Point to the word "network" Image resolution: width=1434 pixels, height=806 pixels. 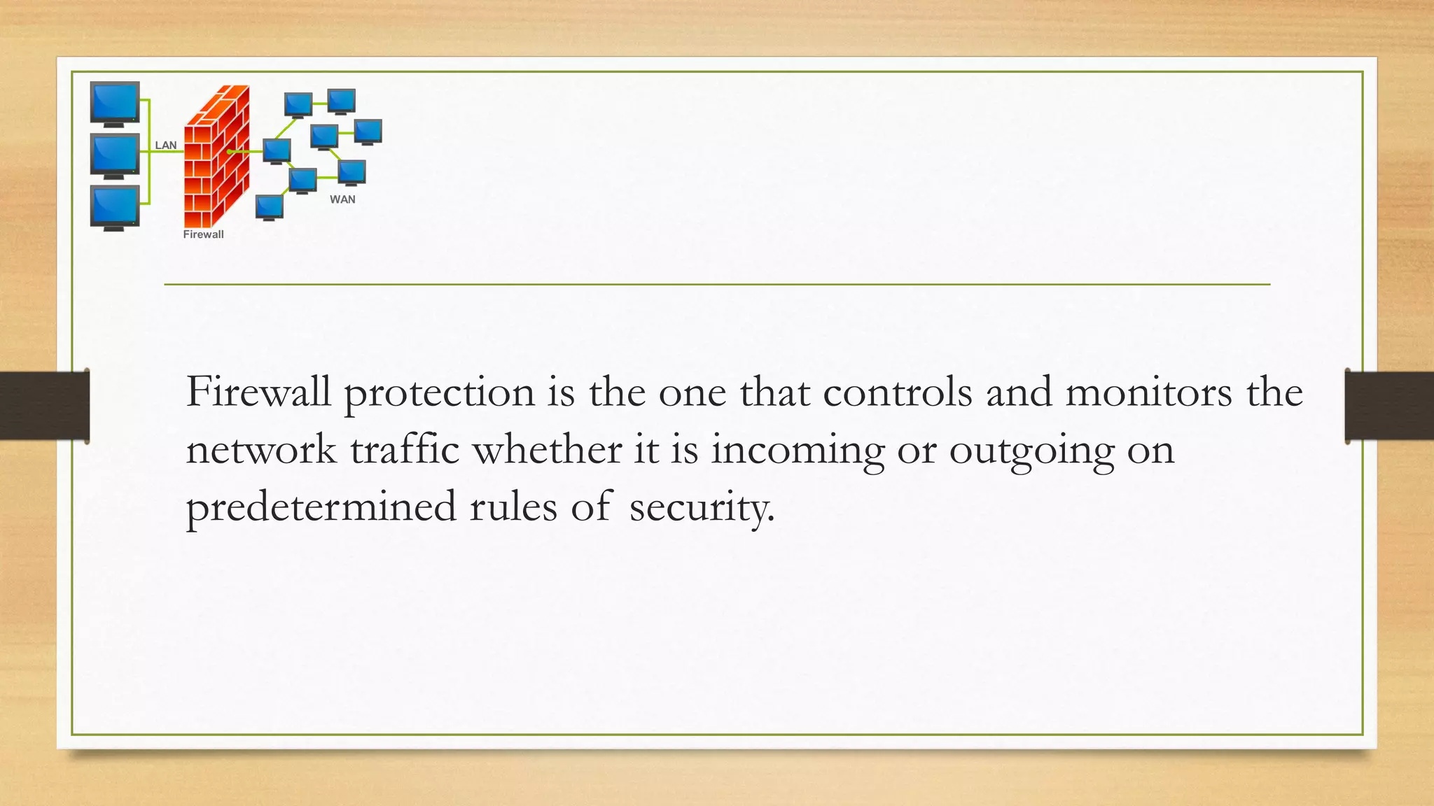[x=260, y=449]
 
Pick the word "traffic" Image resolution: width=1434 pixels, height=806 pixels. [x=405, y=449]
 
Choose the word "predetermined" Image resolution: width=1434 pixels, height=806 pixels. [x=321, y=507]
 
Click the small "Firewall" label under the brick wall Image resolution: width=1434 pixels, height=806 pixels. [x=203, y=234]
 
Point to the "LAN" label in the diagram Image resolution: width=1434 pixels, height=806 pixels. [x=165, y=146]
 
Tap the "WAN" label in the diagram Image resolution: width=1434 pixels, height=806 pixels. [x=342, y=199]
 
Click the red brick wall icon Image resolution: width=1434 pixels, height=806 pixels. [x=216, y=157]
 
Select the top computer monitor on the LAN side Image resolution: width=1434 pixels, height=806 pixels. [x=115, y=103]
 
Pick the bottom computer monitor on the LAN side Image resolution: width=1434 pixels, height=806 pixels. [x=115, y=207]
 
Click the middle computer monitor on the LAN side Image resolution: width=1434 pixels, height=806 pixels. [x=115, y=155]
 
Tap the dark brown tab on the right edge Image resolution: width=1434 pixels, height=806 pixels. [x=1389, y=406]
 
